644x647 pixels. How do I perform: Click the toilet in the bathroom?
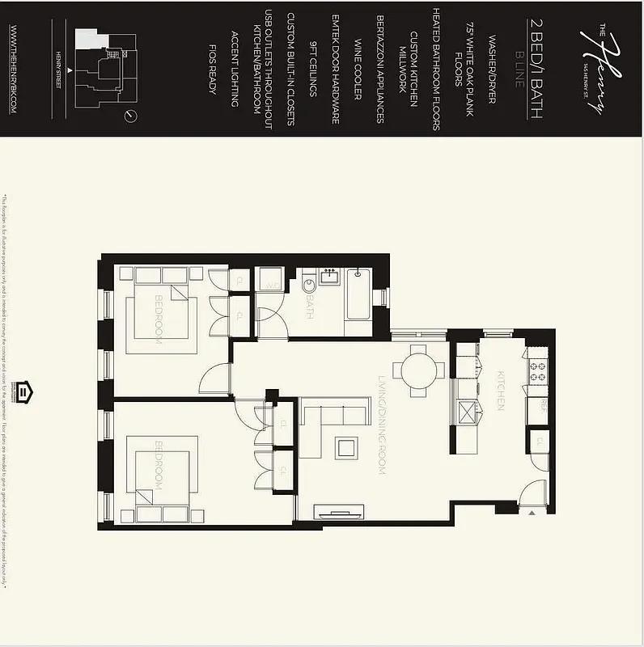coord(307,286)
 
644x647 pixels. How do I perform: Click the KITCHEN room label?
coord(500,391)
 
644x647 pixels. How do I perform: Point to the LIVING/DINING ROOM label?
coord(381,425)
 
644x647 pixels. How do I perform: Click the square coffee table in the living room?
coord(348,448)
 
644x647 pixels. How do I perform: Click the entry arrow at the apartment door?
coord(532,512)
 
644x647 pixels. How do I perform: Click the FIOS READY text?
coord(213,69)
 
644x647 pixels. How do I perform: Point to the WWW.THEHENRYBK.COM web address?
coord(14,69)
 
